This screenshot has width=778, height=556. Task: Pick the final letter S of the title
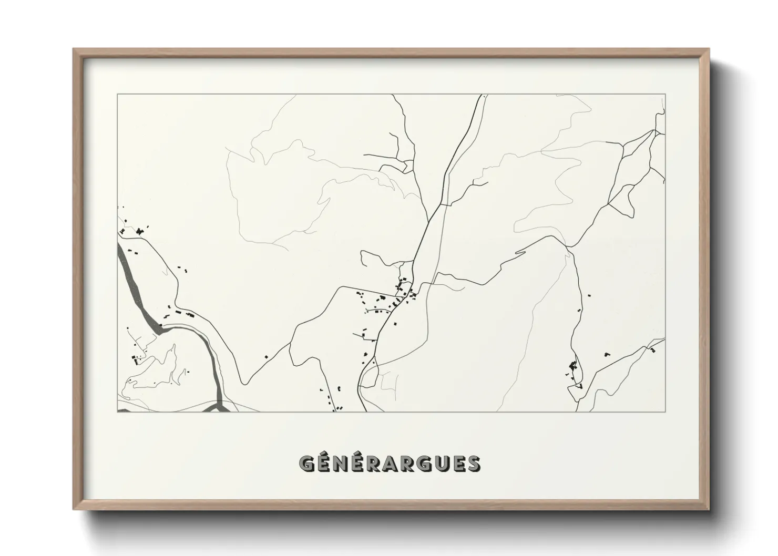(472, 463)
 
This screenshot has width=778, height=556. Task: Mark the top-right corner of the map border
(665, 95)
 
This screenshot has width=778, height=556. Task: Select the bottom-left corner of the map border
(117, 411)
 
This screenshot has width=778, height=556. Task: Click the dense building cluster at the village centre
(402, 294)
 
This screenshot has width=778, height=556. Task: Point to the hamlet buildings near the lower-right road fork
(573, 368)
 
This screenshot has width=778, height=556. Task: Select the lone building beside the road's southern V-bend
(265, 357)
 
